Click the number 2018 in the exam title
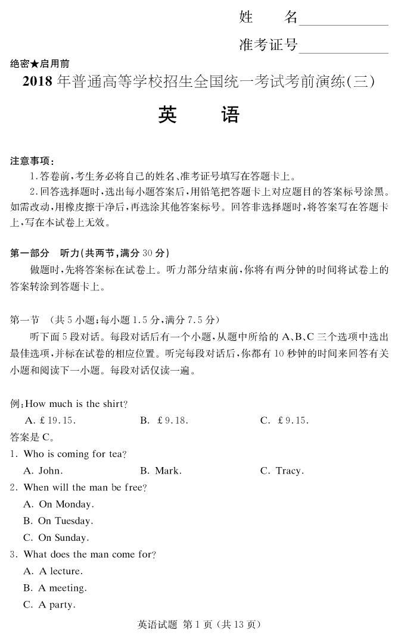click(38, 82)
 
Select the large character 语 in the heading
click(229, 115)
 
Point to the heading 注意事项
click(32, 161)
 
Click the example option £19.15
click(50, 421)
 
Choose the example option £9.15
click(284, 421)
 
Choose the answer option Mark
click(161, 471)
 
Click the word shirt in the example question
click(113, 404)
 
